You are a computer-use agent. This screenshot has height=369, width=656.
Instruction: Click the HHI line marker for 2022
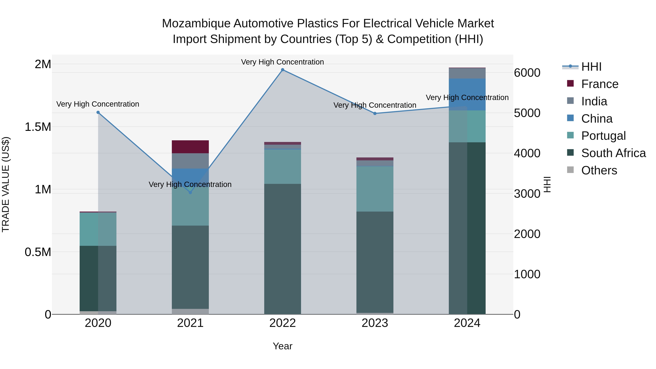pos(282,70)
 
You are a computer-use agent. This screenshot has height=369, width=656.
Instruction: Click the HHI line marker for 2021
pos(190,193)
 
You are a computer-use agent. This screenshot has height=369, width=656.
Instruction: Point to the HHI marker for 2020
pos(98,112)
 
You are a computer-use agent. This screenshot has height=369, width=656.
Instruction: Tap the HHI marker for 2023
pos(375,114)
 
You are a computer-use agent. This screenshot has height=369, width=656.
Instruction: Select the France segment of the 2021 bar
pos(190,147)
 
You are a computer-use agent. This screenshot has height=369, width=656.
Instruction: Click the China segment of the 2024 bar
pos(467,94)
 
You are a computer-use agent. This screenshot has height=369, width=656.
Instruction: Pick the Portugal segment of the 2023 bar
pos(375,189)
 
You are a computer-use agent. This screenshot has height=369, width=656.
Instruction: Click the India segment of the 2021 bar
pos(190,161)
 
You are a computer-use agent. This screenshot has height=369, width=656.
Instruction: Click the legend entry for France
pos(600,84)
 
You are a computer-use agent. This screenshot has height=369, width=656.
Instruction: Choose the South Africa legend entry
pos(613,153)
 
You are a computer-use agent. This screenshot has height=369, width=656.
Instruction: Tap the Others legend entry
pos(599,170)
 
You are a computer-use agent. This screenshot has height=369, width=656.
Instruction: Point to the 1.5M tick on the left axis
pos(38,127)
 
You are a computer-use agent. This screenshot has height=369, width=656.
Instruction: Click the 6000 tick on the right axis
pos(527,73)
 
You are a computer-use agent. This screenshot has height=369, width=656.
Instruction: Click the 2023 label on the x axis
pos(375,323)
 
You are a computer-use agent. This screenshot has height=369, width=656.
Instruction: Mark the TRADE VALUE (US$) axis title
pos(6,184)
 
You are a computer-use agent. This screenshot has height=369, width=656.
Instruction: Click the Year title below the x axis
pos(282,346)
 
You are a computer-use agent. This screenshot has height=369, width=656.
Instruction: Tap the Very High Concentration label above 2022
pos(282,62)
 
